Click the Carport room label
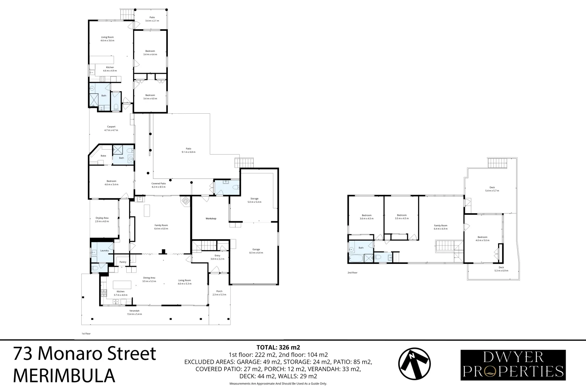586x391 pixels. pyautogui.click(x=111, y=129)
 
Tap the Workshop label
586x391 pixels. pyautogui.click(x=211, y=219)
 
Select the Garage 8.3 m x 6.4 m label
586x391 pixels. pyautogui.click(x=256, y=251)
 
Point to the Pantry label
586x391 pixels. pyautogui.click(x=123, y=262)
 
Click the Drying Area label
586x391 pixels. pyautogui.click(x=102, y=219)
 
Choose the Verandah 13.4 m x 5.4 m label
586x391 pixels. pyautogui.click(x=134, y=312)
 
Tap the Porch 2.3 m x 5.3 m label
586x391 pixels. pyautogui.click(x=219, y=293)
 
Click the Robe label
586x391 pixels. pyautogui.click(x=103, y=156)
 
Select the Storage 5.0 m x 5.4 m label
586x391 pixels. pyautogui.click(x=254, y=200)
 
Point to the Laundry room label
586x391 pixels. pyautogui.click(x=105, y=251)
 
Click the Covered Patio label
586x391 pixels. pyautogui.click(x=158, y=185)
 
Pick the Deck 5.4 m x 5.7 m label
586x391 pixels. pyautogui.click(x=492, y=189)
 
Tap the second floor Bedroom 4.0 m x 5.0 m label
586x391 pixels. pyautogui.click(x=482, y=239)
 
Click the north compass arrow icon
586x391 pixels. pyautogui.click(x=415, y=365)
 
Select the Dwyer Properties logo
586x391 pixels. pyautogui.click(x=513, y=365)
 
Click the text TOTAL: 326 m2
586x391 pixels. pyautogui.click(x=278, y=347)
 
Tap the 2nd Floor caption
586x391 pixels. pyautogui.click(x=352, y=273)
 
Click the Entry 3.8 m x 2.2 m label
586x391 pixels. pyautogui.click(x=217, y=257)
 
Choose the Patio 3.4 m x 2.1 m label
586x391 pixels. pyautogui.click(x=152, y=19)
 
